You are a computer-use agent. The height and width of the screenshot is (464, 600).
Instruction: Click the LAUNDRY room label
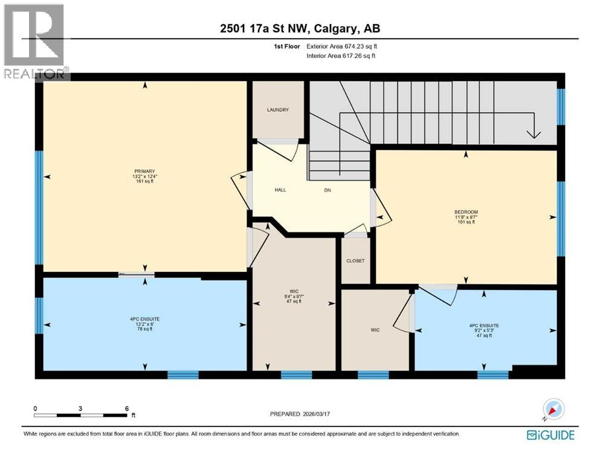tap(278, 110)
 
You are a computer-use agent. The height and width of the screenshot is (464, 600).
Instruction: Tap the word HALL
tap(280, 190)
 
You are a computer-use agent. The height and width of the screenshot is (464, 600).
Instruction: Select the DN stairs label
tap(327, 190)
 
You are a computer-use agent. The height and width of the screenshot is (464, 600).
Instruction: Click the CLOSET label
tap(355, 261)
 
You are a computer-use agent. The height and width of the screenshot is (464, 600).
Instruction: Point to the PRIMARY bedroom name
tap(144, 172)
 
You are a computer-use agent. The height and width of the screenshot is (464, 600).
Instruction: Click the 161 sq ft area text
tap(144, 181)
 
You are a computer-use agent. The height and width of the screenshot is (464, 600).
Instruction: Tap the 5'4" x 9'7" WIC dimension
tap(294, 296)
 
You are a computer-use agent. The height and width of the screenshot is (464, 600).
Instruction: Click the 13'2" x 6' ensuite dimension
tap(144, 324)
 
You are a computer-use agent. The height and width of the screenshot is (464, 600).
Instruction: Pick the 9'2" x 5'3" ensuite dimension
tap(484, 330)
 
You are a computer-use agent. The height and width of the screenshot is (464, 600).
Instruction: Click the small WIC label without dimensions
tap(375, 330)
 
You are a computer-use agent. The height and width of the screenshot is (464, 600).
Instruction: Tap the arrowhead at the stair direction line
tap(534, 134)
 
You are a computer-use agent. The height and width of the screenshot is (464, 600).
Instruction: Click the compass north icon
tap(553, 409)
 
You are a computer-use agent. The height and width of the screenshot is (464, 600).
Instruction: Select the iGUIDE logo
tap(550, 435)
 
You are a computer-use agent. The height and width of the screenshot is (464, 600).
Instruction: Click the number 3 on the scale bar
tap(80, 408)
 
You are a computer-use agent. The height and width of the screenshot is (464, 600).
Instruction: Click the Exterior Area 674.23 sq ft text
tap(342, 47)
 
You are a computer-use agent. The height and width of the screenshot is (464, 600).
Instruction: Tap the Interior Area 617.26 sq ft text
tap(341, 56)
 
